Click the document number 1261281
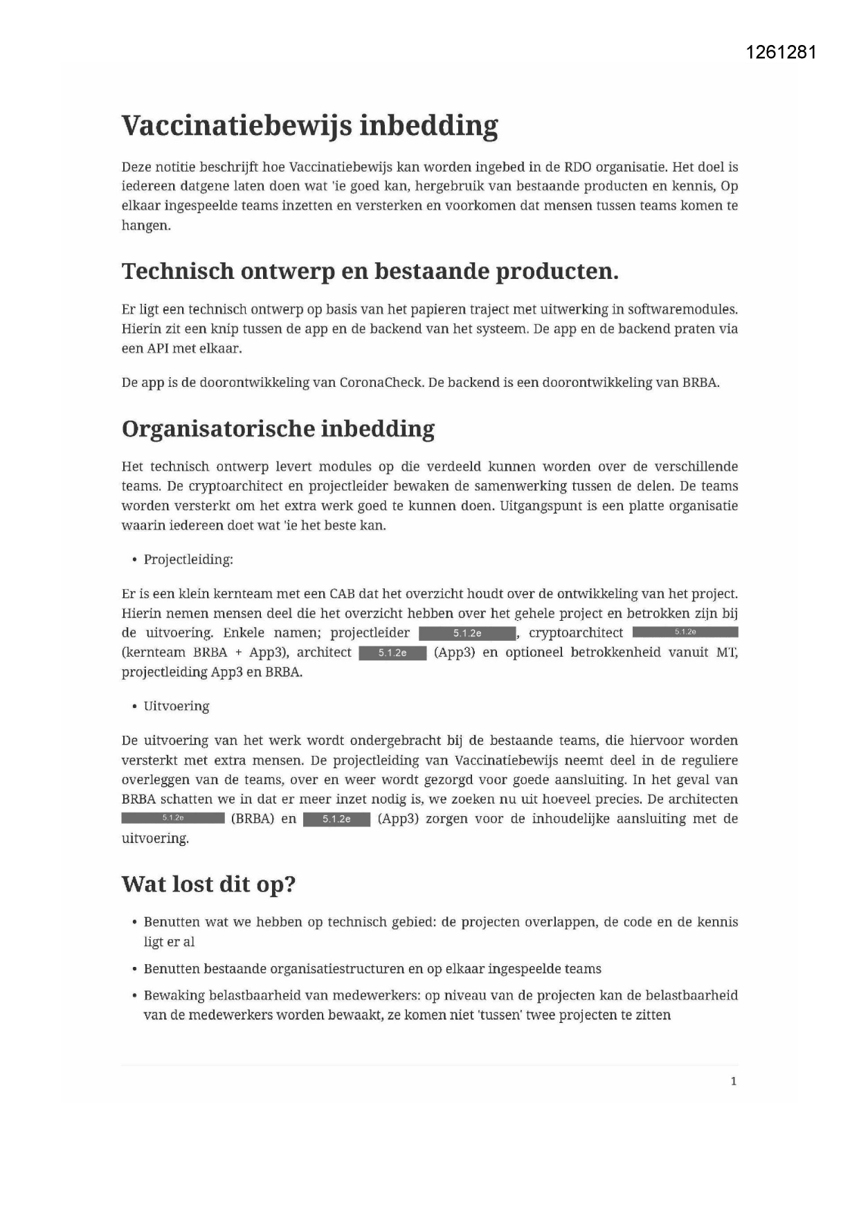pos(781,53)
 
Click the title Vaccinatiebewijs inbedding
pos(309,126)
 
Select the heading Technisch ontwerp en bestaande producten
pos(370,271)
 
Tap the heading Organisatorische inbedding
pos(278,429)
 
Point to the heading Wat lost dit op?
pos(208,885)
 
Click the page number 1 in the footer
pos(734,1081)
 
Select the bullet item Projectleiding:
pos(188,560)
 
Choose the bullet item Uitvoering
pos(176,707)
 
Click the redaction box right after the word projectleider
pos(467,633)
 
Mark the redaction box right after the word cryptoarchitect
pos(685,632)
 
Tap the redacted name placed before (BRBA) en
pos(173,819)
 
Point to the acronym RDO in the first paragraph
pos(578,167)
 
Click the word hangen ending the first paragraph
pos(145,226)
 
